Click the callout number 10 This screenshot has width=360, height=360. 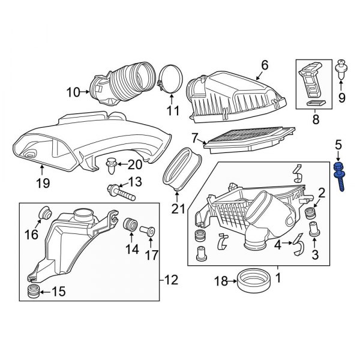click(73, 92)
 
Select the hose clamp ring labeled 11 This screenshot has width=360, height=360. click(170, 82)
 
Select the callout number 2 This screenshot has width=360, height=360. click(322, 193)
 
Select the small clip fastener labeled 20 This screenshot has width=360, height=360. click(112, 162)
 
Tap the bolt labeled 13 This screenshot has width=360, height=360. click(121, 191)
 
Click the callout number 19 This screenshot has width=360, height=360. click(41, 183)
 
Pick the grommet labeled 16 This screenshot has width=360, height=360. click(44, 213)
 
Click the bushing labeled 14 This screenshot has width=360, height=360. click(128, 227)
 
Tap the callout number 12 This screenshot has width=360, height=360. click(172, 279)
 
